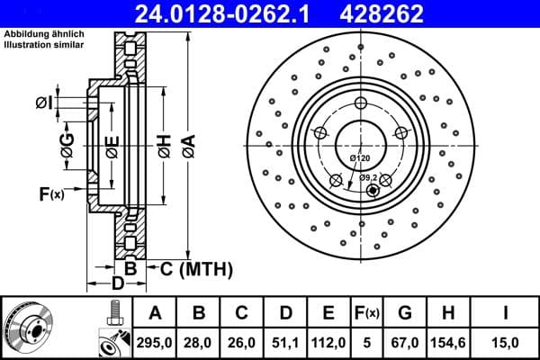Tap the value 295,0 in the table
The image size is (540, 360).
[156, 341]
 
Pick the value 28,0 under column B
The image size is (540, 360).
[199, 341]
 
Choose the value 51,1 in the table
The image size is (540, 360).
[285, 341]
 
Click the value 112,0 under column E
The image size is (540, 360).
[328, 341]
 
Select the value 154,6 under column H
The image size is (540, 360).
[447, 341]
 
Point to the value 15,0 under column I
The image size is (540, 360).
[506, 341]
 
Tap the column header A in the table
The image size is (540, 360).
[156, 312]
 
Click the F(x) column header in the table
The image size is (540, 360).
[366, 312]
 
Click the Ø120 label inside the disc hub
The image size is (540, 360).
[360, 158]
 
